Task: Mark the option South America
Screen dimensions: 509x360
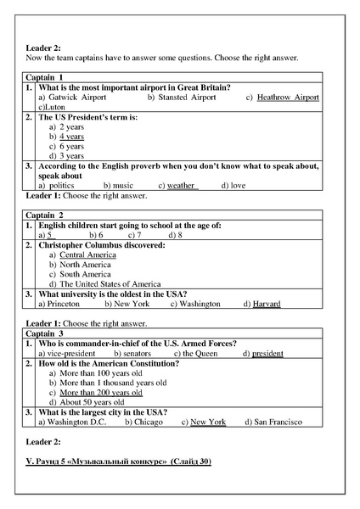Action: click(x=85, y=274)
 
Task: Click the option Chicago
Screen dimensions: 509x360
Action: click(x=148, y=422)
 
